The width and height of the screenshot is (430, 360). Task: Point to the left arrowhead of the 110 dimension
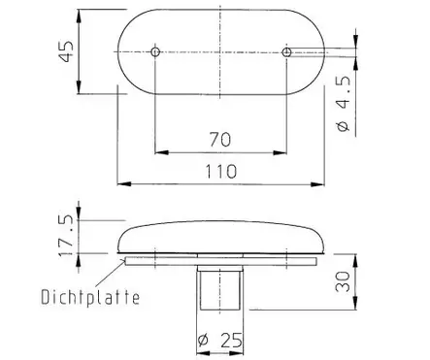point(121,182)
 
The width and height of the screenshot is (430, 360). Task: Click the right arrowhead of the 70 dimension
point(282,151)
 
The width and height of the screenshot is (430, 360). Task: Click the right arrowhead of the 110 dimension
point(321,182)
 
